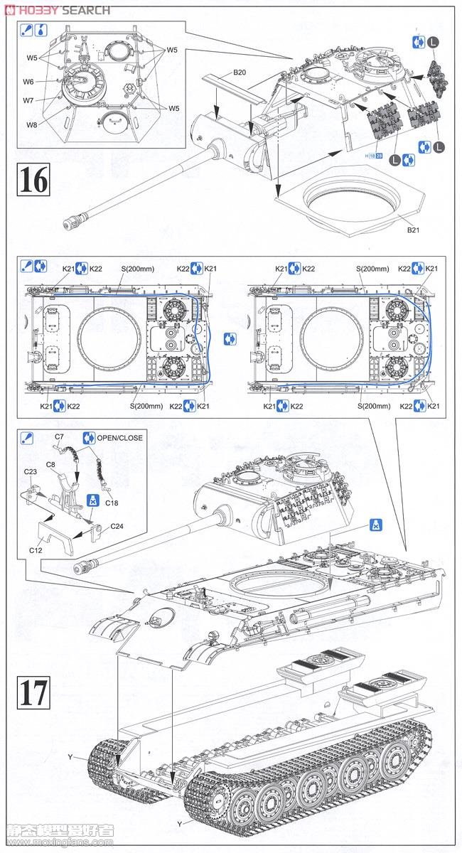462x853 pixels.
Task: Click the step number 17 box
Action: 33,692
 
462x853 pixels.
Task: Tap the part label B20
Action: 240,73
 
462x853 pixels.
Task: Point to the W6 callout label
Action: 28,82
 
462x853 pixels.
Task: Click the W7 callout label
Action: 28,100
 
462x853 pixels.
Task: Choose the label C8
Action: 50,464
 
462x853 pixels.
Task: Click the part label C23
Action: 31,472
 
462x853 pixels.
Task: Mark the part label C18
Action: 112,503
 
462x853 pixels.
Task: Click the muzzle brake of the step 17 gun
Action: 84,567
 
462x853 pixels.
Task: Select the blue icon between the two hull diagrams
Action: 229,338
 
